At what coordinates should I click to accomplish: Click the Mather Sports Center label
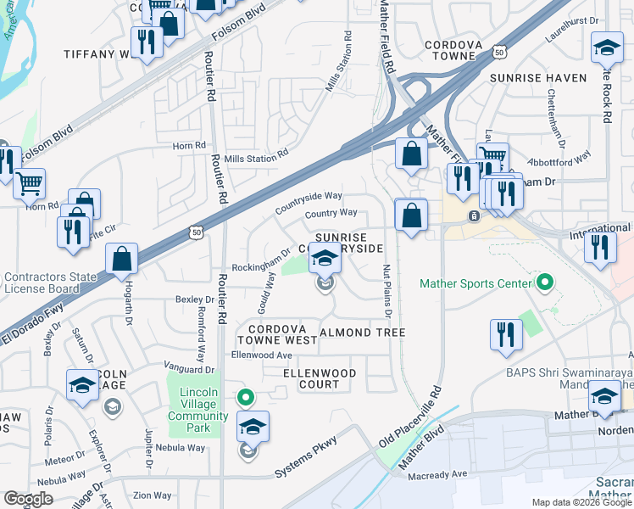coord(475,282)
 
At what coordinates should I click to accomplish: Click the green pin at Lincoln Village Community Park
coord(246,396)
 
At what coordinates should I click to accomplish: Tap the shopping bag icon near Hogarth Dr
coord(122,259)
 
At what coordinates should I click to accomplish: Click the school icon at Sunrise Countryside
coord(324,258)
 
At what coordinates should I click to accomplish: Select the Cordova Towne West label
coord(282,333)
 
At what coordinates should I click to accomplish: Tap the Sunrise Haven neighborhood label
coord(537,78)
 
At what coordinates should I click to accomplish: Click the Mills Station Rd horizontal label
coord(256,157)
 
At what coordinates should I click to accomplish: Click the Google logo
coord(28,499)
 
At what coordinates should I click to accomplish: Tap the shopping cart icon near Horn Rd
coord(30,182)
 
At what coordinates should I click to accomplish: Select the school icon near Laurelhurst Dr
coord(606,48)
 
